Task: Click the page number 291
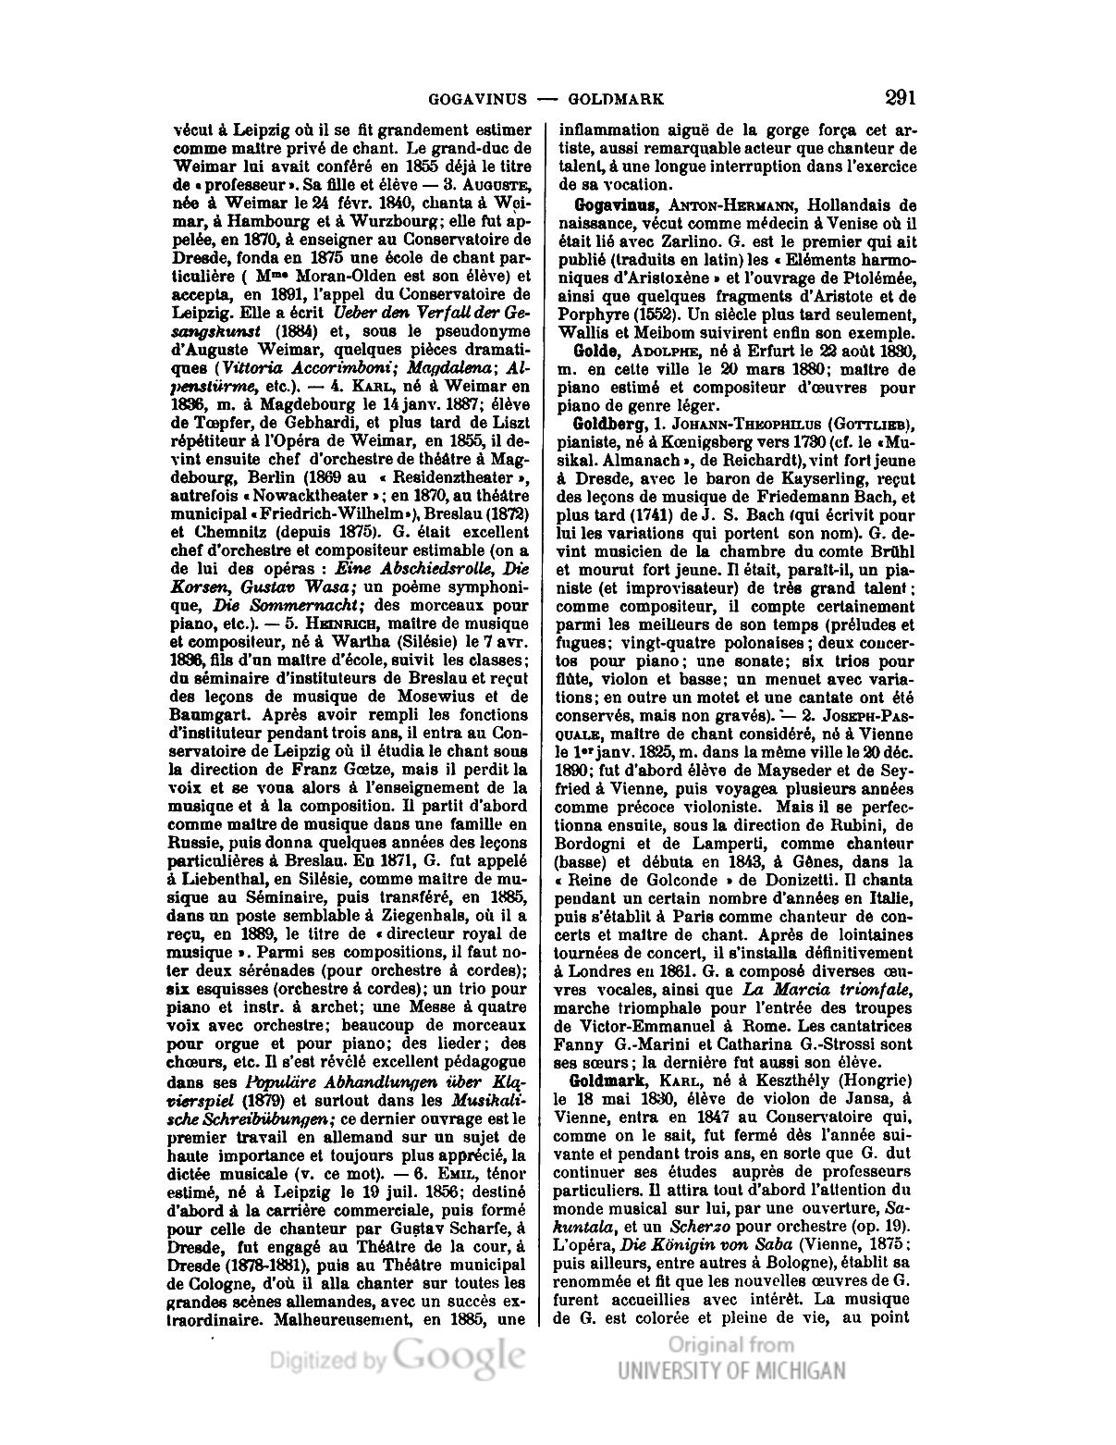click(900, 97)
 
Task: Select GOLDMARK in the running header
click(615, 99)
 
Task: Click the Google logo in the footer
click(460, 1355)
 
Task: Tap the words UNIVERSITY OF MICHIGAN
click(731, 1371)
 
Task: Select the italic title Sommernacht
click(275, 606)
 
